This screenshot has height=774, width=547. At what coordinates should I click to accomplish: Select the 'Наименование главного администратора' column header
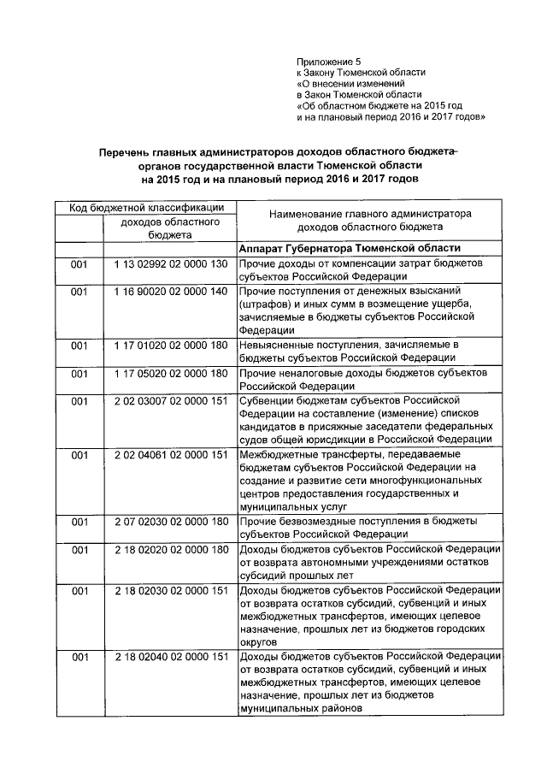point(369,213)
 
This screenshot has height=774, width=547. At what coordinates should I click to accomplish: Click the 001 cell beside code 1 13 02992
point(79,266)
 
